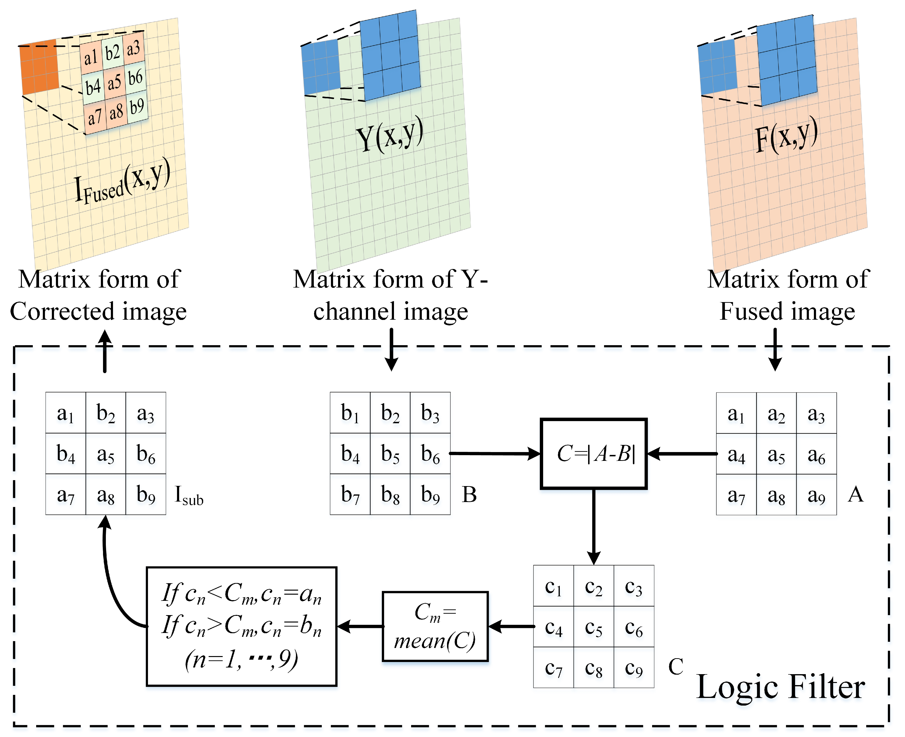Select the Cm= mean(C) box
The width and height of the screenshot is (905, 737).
(x=435, y=626)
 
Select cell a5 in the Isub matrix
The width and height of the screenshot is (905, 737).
(x=106, y=453)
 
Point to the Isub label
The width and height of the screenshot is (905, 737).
(x=189, y=495)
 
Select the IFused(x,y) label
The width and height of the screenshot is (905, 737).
(x=122, y=183)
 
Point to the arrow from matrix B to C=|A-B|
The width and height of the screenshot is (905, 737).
(x=494, y=453)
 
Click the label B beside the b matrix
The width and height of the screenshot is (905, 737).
(x=469, y=495)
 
